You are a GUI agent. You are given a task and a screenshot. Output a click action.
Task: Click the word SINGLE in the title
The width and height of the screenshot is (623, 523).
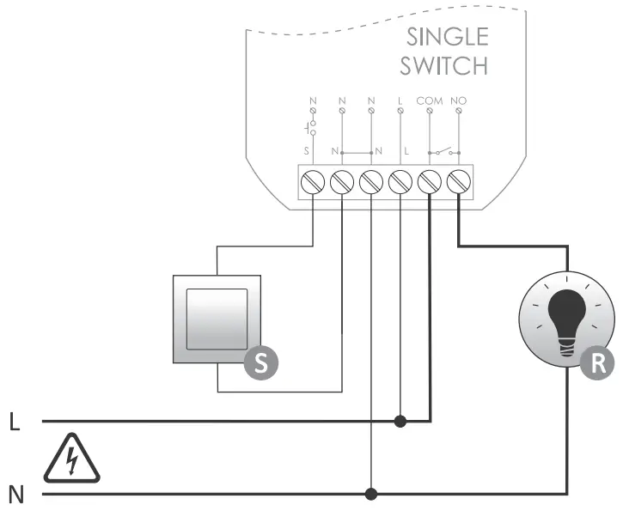(x=448, y=37)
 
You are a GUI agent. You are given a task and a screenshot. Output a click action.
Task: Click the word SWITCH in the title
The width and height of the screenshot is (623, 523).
(x=443, y=66)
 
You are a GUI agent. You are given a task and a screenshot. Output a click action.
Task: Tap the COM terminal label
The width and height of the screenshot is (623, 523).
(x=430, y=100)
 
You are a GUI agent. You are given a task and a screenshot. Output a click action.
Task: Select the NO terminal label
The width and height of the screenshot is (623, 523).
(x=459, y=100)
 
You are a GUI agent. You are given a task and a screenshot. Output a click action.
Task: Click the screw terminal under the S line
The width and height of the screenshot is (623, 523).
(x=313, y=182)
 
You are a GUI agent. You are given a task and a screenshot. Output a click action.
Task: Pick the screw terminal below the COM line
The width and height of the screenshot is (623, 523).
(x=430, y=182)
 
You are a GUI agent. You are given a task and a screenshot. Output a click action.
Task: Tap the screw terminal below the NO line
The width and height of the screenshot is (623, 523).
(x=459, y=182)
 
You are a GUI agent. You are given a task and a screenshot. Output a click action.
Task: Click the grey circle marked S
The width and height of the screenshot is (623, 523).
(x=261, y=362)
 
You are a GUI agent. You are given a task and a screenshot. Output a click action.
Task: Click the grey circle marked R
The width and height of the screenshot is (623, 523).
(x=597, y=362)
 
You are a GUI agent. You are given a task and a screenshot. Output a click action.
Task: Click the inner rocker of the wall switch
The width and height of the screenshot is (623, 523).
(x=217, y=319)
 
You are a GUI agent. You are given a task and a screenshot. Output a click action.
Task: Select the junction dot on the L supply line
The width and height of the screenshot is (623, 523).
(x=400, y=421)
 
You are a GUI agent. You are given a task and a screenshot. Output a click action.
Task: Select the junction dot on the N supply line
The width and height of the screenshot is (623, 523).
(x=371, y=494)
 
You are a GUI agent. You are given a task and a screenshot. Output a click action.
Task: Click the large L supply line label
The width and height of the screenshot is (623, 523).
(x=15, y=422)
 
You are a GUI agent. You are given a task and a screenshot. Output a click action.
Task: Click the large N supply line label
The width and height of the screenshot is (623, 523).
(x=16, y=495)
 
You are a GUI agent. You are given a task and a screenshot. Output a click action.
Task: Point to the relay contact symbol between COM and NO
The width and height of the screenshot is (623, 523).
(x=444, y=151)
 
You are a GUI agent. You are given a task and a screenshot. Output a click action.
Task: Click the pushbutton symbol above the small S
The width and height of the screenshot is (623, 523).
(x=310, y=128)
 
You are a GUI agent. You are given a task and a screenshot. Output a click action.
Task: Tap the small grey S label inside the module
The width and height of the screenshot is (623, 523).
(x=306, y=151)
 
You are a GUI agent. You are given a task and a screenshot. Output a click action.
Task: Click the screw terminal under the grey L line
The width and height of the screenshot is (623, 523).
(x=400, y=182)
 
